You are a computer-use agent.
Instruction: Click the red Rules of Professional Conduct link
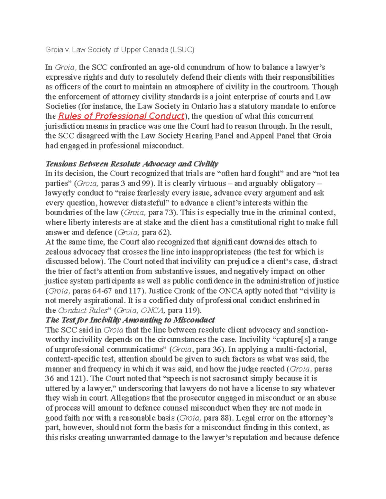coord(121,116)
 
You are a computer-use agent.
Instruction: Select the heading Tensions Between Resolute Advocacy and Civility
coord(132,164)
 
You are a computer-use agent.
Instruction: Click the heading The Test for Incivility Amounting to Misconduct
coord(130,320)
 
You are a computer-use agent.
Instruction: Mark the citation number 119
coord(192,310)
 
